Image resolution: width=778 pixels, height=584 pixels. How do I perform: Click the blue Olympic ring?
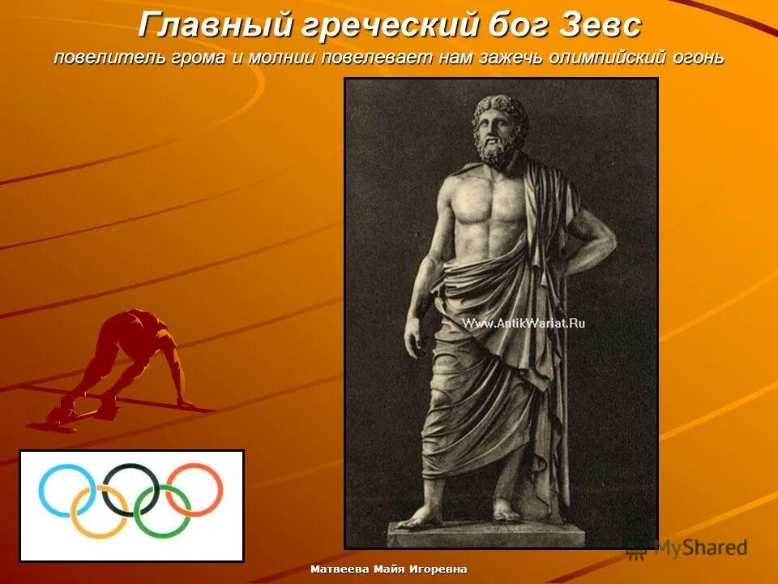67,490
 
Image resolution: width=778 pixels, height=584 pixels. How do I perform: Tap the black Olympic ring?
130,488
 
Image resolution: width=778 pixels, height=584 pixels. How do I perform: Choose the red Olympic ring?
194,489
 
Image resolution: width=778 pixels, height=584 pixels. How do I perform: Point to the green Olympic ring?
163,512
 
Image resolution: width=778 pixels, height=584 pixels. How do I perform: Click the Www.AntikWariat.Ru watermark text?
524,323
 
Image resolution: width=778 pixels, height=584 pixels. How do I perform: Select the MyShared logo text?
700,547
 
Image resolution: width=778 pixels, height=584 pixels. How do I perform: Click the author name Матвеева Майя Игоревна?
389,569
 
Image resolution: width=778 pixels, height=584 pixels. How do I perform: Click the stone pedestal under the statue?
486,533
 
